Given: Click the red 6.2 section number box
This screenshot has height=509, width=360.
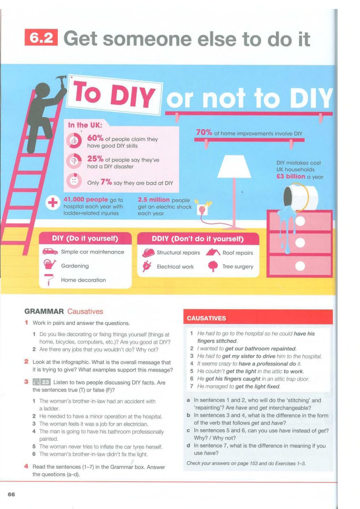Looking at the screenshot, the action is point(41,38).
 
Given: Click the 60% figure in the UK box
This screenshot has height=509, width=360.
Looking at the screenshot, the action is point(95,138).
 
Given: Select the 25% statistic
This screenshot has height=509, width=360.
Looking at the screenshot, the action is point(95,159).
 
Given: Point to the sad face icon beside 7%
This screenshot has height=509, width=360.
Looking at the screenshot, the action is point(74,181).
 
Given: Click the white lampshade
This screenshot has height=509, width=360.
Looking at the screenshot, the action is point(234,167).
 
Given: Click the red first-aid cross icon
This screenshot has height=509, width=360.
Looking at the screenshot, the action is point(53,202).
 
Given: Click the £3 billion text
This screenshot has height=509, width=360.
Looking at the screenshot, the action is point(291,176).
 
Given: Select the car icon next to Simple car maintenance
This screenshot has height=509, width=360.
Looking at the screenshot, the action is point(50,251).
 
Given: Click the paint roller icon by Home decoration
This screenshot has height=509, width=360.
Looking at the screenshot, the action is point(49,280).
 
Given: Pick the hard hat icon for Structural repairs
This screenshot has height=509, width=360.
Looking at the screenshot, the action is point(148,253).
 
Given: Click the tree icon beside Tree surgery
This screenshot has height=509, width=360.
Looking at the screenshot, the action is point(213,266).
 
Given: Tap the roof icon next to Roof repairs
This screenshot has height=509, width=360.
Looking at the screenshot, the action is point(213,252).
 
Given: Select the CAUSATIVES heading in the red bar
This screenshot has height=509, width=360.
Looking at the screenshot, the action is point(206,318).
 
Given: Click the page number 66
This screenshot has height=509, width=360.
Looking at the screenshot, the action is point(11,494).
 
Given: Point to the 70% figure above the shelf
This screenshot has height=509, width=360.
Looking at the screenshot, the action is point(204,132).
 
